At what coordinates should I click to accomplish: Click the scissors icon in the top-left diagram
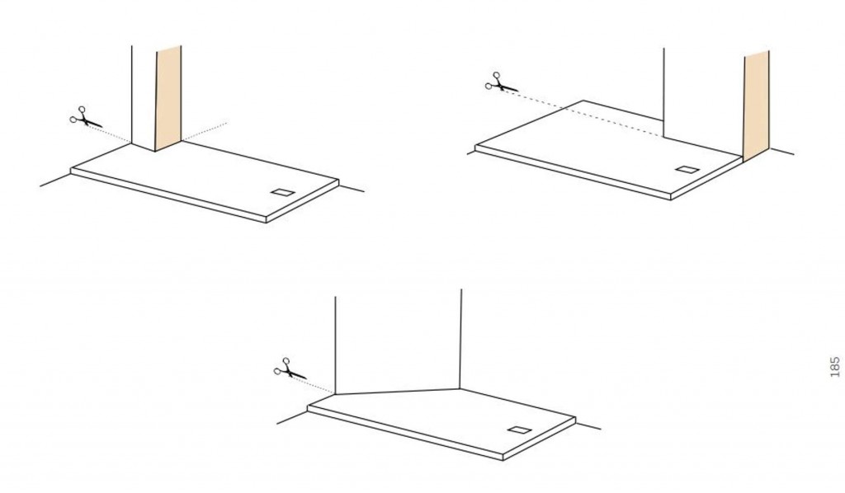[x=85, y=118]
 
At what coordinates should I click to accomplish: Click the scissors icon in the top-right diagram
[x=501, y=83]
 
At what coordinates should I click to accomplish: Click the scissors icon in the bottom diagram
[x=290, y=369]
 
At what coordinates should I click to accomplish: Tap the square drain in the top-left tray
[x=282, y=193]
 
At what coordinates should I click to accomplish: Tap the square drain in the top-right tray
[x=687, y=170]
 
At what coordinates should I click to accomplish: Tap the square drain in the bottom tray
[x=520, y=430]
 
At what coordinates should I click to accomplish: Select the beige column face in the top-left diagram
[x=168, y=98]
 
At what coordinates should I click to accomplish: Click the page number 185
[x=835, y=367]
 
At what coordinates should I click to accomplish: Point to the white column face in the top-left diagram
[x=144, y=98]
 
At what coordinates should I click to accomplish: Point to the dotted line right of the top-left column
[x=204, y=133]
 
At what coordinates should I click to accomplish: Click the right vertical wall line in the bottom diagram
[x=460, y=339]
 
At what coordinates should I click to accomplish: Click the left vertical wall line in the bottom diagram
[x=336, y=345]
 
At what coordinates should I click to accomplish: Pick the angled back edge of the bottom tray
[x=398, y=392]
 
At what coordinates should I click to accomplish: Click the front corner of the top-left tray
[x=267, y=222]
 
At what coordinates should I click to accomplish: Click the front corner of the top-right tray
[x=671, y=200]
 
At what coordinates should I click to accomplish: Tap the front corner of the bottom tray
[x=503, y=460]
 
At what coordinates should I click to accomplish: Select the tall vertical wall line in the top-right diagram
[x=663, y=92]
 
